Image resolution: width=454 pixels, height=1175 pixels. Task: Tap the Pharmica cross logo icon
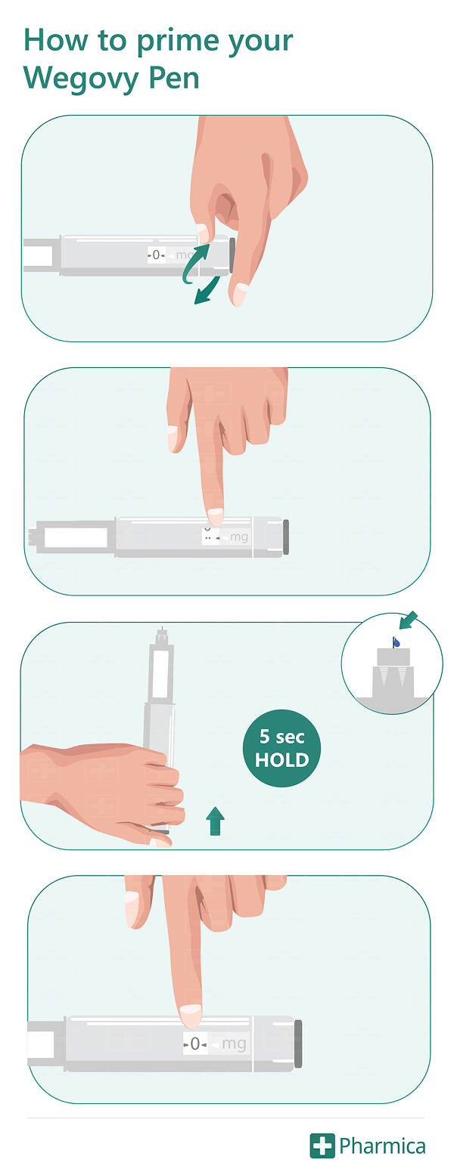(x=322, y=1146)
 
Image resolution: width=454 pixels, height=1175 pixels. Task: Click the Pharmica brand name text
(x=383, y=1146)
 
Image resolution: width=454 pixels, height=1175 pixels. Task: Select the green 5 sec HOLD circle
(x=281, y=748)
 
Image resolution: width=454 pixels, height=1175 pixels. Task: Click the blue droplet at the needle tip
(x=396, y=642)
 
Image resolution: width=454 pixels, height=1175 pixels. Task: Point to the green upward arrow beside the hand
(x=215, y=821)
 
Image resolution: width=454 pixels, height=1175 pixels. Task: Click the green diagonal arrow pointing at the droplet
(x=409, y=620)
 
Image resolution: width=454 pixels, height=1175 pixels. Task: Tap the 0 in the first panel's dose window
(x=156, y=255)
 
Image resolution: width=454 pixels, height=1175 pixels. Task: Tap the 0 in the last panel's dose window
(x=195, y=1044)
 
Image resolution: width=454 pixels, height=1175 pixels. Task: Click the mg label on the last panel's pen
(x=234, y=1044)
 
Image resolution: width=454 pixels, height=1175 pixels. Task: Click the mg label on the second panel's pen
(x=239, y=537)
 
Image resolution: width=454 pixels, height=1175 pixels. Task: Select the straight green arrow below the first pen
(x=207, y=290)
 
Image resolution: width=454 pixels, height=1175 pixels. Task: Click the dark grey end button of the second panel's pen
(x=286, y=536)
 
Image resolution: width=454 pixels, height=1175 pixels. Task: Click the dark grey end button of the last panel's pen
(x=298, y=1044)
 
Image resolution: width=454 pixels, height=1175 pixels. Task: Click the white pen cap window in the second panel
(x=76, y=539)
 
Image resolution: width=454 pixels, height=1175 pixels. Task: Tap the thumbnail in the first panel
(x=240, y=294)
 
